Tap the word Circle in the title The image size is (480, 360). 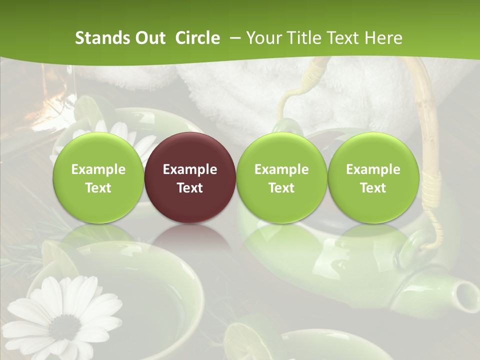[x=197, y=38]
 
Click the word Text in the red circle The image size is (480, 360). [x=189, y=188]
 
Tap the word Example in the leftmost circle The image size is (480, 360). [x=98, y=169]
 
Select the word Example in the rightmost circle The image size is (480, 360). [x=373, y=169]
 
